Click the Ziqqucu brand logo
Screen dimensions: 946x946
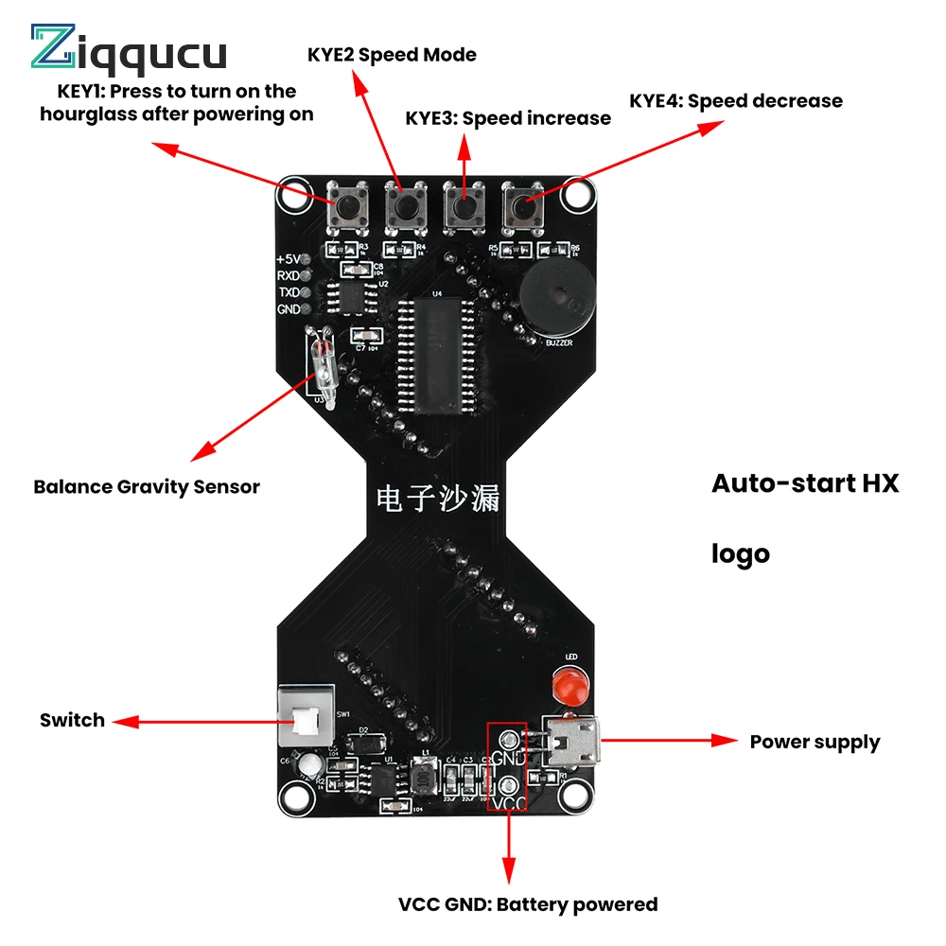tap(129, 49)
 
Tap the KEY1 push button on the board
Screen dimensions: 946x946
tap(347, 205)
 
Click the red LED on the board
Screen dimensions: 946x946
tap(569, 683)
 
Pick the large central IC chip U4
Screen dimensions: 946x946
tap(437, 355)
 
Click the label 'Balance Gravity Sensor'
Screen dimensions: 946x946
tap(147, 487)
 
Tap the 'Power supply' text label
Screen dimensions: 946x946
tap(815, 743)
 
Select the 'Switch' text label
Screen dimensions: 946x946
tap(72, 721)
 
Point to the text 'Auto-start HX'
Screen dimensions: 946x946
tap(805, 483)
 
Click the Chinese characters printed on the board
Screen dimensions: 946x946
tap(437, 499)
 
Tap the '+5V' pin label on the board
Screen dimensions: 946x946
tap(288, 258)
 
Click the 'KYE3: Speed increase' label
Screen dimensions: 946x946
tap(508, 118)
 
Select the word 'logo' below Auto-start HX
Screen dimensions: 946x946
tap(741, 554)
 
